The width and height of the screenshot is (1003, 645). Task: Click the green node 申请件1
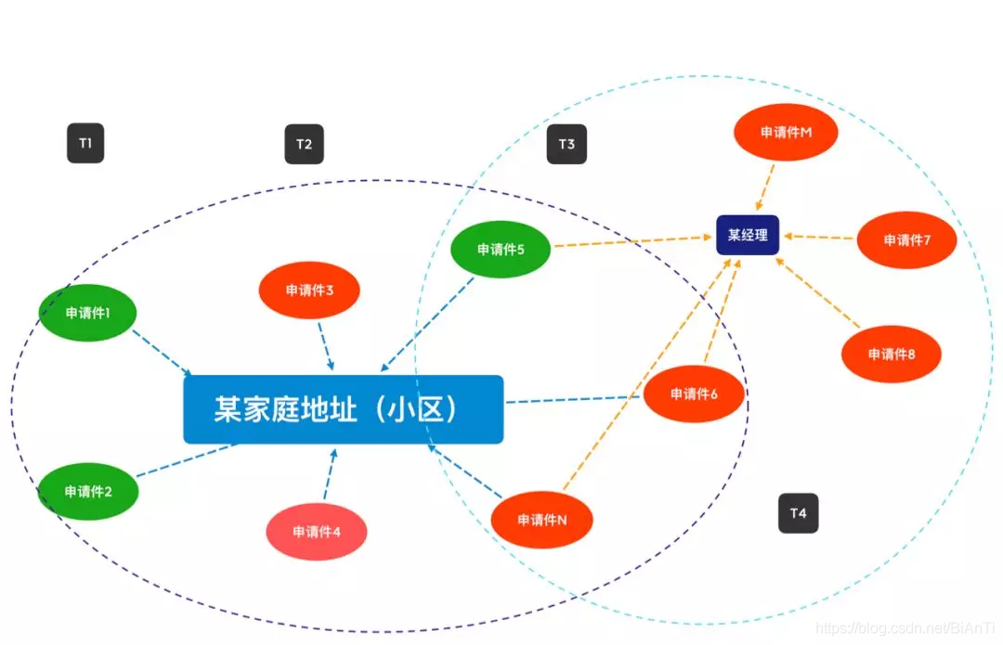[x=88, y=313]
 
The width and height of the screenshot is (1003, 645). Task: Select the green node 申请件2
[x=88, y=491]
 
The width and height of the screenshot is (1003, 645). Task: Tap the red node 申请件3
[x=309, y=290]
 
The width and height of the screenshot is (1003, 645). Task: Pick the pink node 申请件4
[x=317, y=532]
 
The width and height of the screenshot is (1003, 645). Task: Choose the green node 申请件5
[x=501, y=249]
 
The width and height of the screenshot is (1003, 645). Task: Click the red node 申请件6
[x=694, y=394]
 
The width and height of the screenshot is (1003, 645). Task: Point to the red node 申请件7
[x=906, y=239]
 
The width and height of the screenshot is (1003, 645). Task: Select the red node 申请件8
[x=892, y=354]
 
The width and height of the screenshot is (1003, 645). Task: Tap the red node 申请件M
[x=786, y=132]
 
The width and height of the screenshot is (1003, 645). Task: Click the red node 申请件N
[x=541, y=520]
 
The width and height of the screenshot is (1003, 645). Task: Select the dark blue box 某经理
[x=748, y=235]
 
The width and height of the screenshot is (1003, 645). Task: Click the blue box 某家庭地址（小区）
[x=344, y=409]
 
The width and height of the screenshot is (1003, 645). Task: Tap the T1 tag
[x=85, y=143]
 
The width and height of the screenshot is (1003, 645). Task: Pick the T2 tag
[x=304, y=144]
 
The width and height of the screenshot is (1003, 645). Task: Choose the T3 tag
[x=567, y=144]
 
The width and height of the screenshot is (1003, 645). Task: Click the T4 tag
[x=799, y=513]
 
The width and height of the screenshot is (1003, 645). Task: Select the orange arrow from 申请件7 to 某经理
[x=819, y=237]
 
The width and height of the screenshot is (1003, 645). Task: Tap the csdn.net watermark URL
[x=905, y=628]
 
